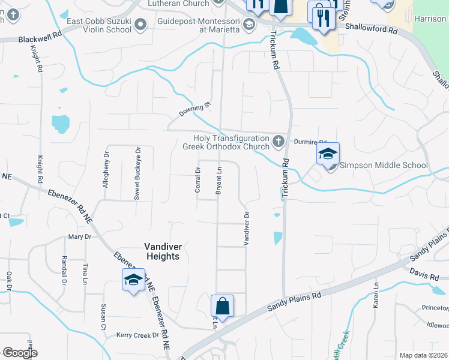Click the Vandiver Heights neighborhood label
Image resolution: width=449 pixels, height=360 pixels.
[162, 251]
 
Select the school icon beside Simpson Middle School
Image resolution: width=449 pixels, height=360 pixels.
[328, 154]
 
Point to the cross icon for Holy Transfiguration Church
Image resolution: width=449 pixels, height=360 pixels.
[278, 142]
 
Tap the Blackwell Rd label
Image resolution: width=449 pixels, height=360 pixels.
[40, 38]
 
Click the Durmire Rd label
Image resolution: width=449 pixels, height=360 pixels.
[310, 142]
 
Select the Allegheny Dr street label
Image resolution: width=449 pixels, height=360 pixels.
[106, 170]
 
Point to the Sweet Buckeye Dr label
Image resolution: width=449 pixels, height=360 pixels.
[137, 173]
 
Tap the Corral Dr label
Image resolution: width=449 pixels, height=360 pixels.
[197, 179]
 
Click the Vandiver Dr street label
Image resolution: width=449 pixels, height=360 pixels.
[246, 228]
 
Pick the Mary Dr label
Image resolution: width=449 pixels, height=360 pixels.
[79, 237]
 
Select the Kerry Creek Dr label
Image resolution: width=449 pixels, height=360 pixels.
[137, 335]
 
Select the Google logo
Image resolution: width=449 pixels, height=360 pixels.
[20, 353]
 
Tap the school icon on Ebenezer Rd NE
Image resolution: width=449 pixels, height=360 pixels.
[133, 280]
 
